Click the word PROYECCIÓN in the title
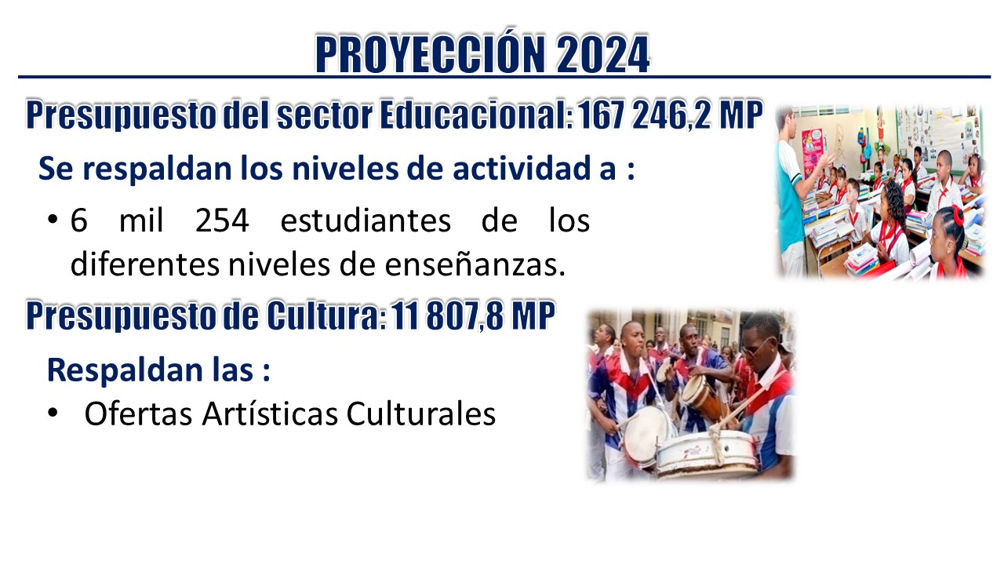click(x=430, y=54)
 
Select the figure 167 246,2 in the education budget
click(x=644, y=115)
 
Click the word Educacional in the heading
click(x=476, y=115)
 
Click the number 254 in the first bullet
click(x=222, y=221)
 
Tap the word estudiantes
click(x=366, y=221)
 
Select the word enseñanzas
click(x=475, y=265)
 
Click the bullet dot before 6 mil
click(x=53, y=220)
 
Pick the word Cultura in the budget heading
click(x=326, y=315)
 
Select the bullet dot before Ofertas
click(x=53, y=413)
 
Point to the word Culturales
click(x=421, y=414)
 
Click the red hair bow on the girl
click(x=957, y=214)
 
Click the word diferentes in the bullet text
click(x=145, y=265)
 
